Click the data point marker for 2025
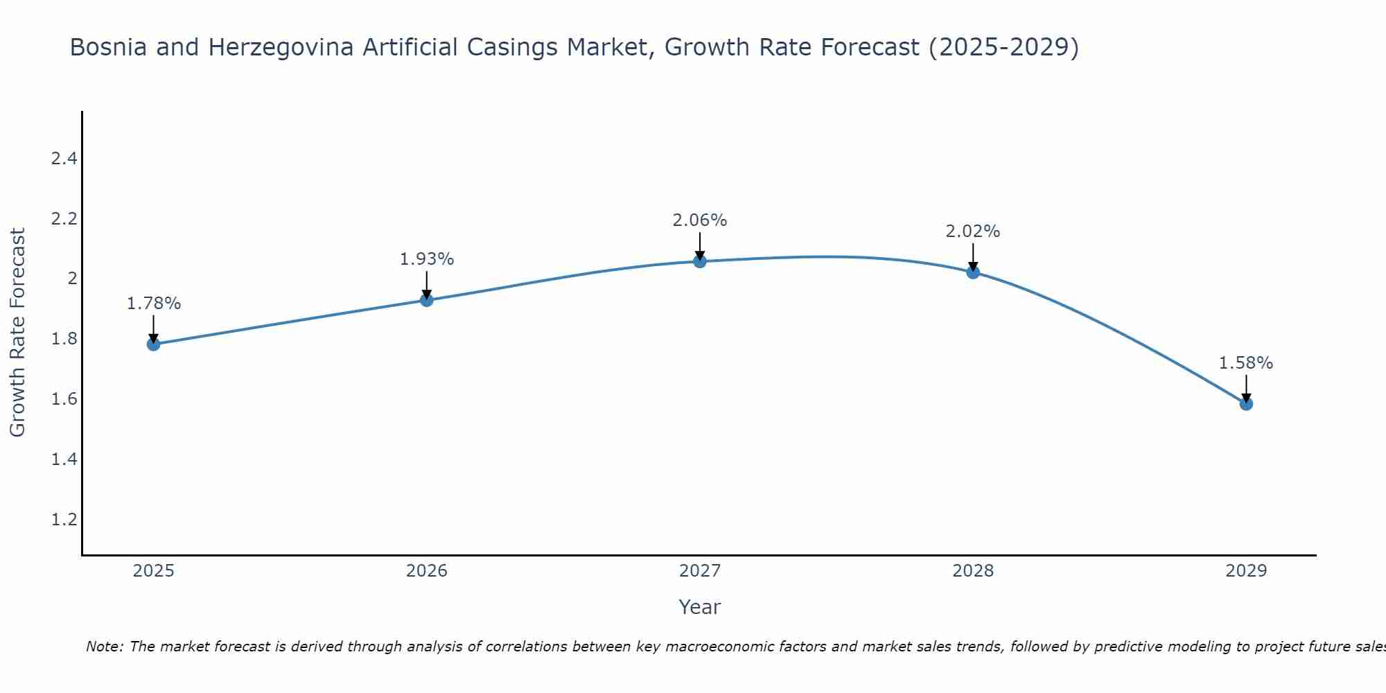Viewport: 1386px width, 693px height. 153,344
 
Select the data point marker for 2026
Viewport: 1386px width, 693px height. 427,300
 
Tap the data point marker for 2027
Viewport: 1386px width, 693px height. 700,261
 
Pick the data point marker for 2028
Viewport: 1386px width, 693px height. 973,272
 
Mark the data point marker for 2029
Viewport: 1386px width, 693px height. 1246,404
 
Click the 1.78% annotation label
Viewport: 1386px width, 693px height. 153,304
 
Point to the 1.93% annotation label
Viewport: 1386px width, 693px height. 427,259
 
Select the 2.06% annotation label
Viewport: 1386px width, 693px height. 700,220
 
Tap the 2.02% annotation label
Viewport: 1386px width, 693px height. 973,231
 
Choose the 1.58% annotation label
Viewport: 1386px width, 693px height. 1246,363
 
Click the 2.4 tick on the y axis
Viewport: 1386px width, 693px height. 64,159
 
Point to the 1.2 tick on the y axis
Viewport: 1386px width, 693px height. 64,520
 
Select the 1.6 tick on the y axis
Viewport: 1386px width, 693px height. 64,399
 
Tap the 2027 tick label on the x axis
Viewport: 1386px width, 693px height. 700,571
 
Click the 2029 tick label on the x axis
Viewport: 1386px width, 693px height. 1246,571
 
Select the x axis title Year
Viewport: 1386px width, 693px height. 700,607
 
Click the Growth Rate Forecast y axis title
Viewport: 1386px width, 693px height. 18,333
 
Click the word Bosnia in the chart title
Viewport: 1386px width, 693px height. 104,48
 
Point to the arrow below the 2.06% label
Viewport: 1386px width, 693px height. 700,245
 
